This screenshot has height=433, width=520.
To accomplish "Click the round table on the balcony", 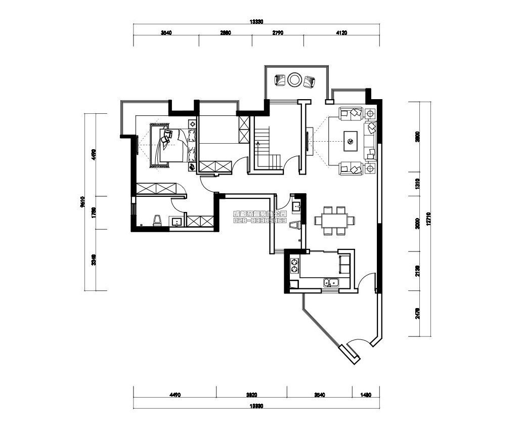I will (x=294, y=79).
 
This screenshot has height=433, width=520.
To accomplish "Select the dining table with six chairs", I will (x=334, y=221).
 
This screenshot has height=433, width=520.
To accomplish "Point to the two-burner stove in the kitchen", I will (x=294, y=266).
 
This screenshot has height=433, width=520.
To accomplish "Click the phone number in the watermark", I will (x=260, y=221).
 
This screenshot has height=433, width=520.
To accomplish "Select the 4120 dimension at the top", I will (x=341, y=32).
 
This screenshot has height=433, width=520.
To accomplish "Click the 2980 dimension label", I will (x=225, y=32).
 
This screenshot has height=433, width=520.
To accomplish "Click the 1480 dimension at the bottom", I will (x=366, y=395).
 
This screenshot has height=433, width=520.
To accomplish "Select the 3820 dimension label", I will (x=251, y=395).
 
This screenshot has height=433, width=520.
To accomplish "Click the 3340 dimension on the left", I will (x=94, y=260).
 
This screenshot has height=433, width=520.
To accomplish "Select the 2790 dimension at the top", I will (x=278, y=32).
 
